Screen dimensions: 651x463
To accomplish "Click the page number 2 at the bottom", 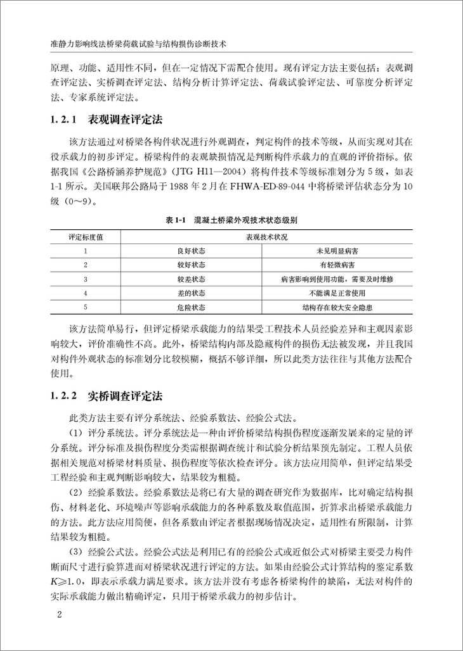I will pyautogui.click(x=58, y=615).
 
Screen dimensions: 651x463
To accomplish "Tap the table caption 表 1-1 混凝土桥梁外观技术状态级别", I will pyautogui.click(x=231, y=220).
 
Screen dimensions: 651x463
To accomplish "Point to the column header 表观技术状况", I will pyautogui.click(x=263, y=237).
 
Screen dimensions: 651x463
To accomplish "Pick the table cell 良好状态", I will pyautogui.click(x=191, y=251).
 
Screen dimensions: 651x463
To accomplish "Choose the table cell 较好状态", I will pyautogui.click(x=191, y=265).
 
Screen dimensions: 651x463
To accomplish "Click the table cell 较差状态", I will pyautogui.click(x=191, y=279).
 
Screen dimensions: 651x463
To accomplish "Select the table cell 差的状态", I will pyautogui.click(x=191, y=293).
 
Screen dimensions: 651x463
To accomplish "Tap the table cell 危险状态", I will pyautogui.click(x=191, y=307).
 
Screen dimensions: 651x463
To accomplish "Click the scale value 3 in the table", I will pyautogui.click(x=85, y=279).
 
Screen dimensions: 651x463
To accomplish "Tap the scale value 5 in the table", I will pyautogui.click(x=85, y=307).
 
